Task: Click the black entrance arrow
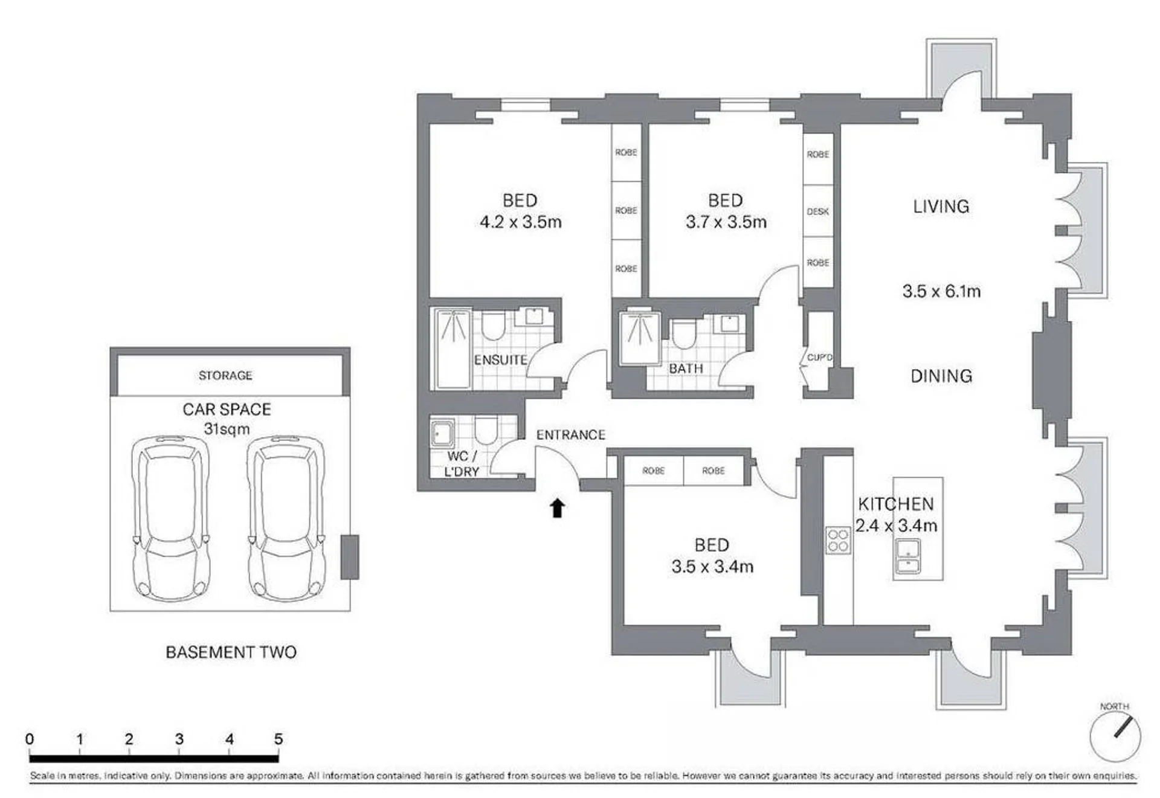(x=557, y=508)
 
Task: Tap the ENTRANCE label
(x=570, y=434)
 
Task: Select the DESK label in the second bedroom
(x=817, y=211)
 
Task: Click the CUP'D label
(x=819, y=357)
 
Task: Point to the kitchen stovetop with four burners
(x=837, y=540)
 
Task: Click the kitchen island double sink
(x=907, y=557)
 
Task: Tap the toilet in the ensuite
(x=493, y=326)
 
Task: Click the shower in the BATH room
(x=640, y=337)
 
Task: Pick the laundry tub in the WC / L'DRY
(x=442, y=433)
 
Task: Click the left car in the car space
(x=172, y=518)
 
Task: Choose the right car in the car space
(x=286, y=518)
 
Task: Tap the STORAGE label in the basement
(x=225, y=375)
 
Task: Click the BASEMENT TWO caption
(x=231, y=652)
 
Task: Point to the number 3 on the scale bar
(x=179, y=738)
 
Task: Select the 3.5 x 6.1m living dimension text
(x=941, y=291)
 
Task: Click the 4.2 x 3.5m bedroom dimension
(x=520, y=222)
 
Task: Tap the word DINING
(x=941, y=376)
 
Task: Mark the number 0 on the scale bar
(x=30, y=738)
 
